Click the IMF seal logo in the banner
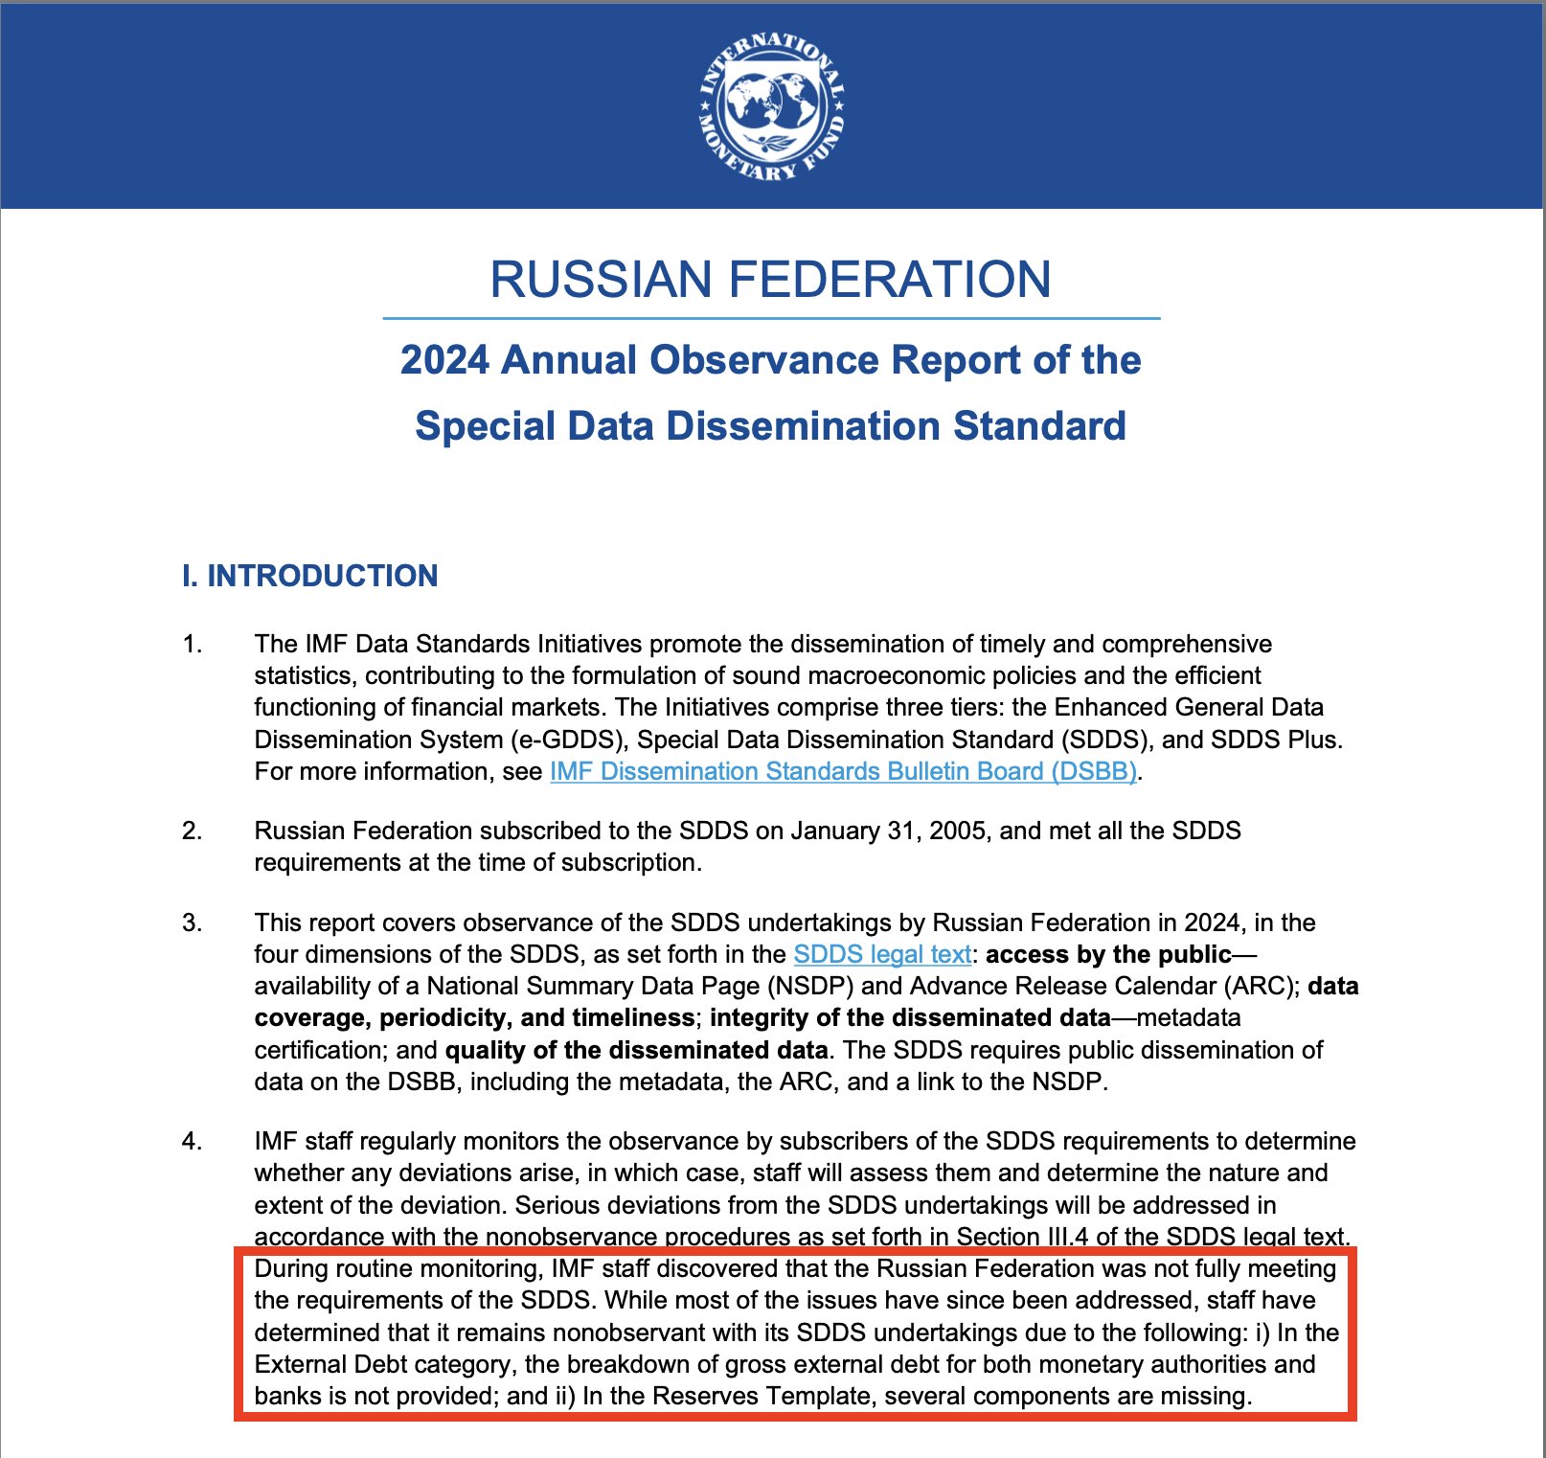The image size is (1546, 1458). coord(771,106)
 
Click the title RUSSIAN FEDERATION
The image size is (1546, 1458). coord(771,279)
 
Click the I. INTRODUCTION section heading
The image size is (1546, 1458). coord(309,576)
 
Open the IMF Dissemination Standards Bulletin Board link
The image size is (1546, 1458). coord(843,771)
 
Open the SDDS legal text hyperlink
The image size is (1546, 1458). coord(882,954)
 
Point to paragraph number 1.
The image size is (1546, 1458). coord(193,644)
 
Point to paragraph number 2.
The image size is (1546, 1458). coord(193,831)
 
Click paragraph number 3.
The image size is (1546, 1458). coord(193,923)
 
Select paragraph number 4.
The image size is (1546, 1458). coord(193,1141)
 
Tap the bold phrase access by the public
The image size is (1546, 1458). coord(1108,954)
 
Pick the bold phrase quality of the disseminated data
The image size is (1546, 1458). coord(636,1050)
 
